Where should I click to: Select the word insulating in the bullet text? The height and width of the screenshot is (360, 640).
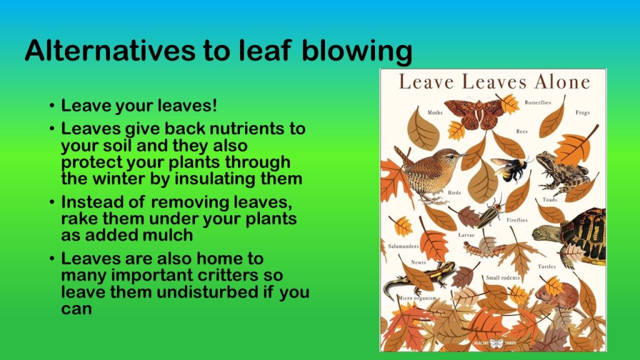pyautogui.click(x=218, y=179)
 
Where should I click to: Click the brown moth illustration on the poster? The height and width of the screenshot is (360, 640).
pyautogui.click(x=475, y=114)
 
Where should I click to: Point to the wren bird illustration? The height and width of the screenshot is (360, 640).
pyautogui.click(x=426, y=174)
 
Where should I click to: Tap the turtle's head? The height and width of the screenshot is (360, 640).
pyautogui.click(x=545, y=233)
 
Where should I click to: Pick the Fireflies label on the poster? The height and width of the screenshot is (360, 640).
pyautogui.click(x=517, y=220)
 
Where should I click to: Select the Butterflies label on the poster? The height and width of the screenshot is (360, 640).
pyautogui.click(x=538, y=102)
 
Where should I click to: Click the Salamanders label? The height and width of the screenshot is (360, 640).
pyautogui.click(x=403, y=246)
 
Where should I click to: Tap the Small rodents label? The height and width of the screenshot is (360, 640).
pyautogui.click(x=503, y=277)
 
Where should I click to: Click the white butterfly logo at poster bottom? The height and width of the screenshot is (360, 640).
pyautogui.click(x=496, y=343)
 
